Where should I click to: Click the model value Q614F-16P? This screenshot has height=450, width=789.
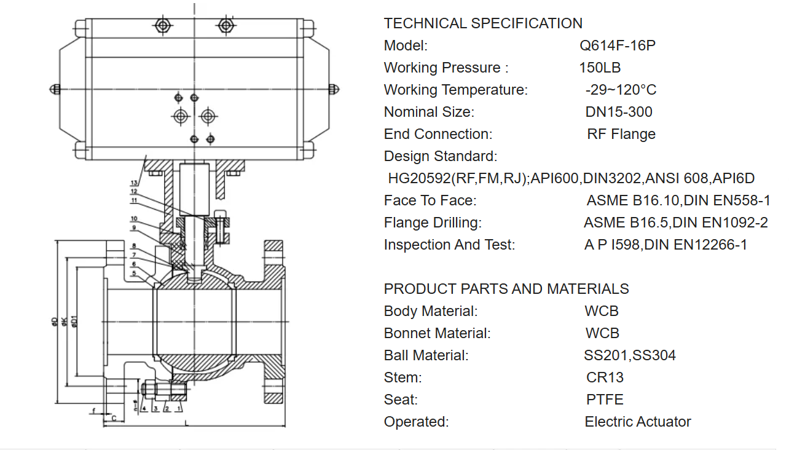(618, 45)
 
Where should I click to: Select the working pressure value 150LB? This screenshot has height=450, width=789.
(600, 68)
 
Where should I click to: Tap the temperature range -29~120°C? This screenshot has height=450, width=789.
(621, 90)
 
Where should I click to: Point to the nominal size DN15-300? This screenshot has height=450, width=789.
(619, 112)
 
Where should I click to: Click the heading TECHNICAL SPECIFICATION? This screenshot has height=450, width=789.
(483, 23)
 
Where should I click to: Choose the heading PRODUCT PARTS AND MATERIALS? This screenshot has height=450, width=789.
(506, 289)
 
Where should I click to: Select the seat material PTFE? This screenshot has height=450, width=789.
(605, 400)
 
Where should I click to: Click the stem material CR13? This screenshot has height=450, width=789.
(605, 377)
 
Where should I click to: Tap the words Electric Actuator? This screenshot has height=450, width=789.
(638, 422)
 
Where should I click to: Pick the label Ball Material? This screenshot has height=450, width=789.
(426, 355)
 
